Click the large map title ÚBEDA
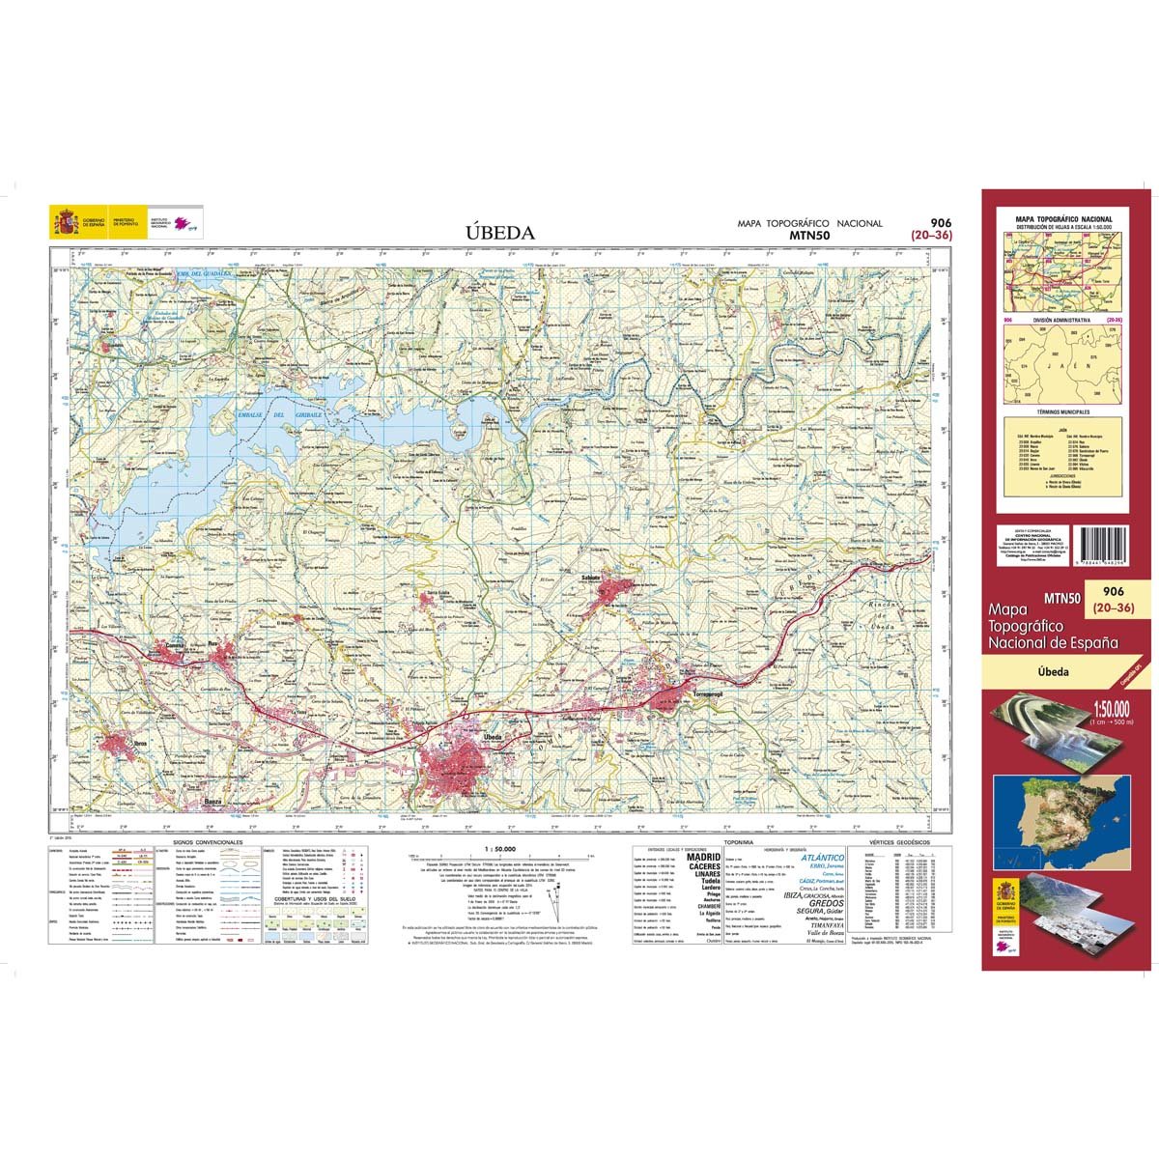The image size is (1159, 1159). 499,232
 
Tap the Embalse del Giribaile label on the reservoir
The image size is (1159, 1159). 273,415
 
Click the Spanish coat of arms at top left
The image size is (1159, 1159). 66,224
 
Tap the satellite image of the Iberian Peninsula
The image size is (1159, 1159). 1058,803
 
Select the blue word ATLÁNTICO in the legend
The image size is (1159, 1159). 822,857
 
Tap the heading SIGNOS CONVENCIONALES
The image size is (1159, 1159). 208,842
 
